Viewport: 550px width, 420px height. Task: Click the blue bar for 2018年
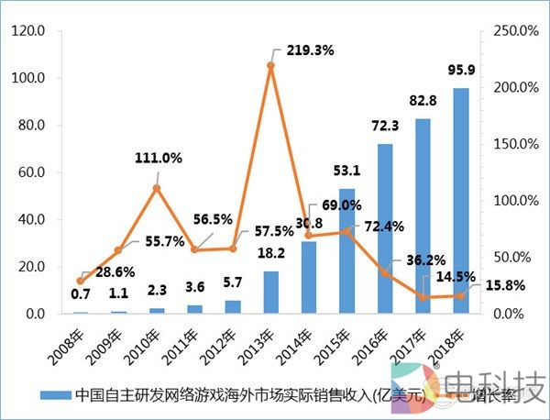click(x=460, y=201)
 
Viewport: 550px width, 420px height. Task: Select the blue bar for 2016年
click(x=385, y=228)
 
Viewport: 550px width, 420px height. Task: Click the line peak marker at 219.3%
click(x=271, y=66)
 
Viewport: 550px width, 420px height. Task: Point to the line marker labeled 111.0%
click(x=157, y=188)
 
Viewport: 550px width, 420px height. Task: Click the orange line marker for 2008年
click(x=81, y=281)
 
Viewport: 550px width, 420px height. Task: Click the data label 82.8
click(x=423, y=99)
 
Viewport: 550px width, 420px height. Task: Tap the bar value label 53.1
click(x=346, y=170)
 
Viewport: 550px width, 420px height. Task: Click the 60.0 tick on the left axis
click(x=32, y=172)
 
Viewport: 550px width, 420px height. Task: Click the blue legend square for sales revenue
click(x=46, y=395)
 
